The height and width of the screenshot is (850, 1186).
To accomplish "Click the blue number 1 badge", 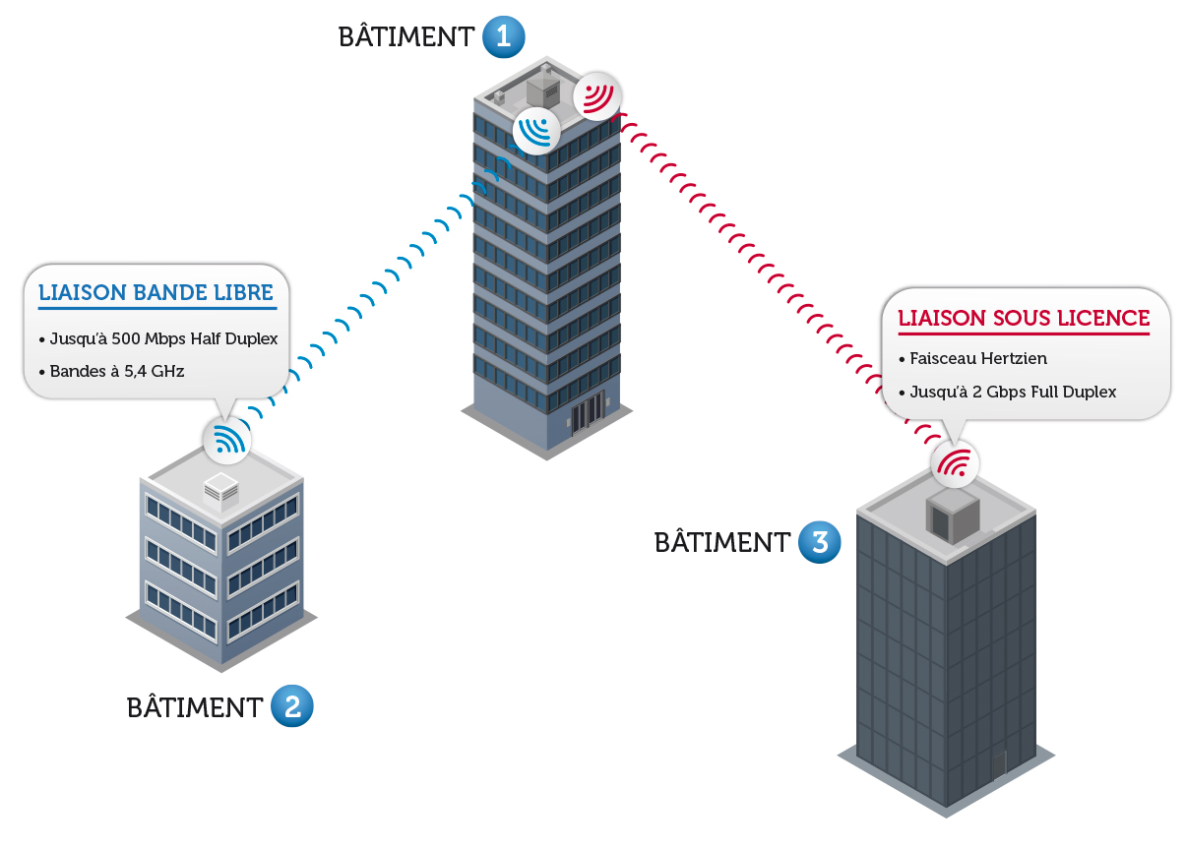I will (x=503, y=37).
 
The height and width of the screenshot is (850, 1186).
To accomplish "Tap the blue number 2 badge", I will (x=291, y=706).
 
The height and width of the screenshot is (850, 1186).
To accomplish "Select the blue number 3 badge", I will (x=819, y=542).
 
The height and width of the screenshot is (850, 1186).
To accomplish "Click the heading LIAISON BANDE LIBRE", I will (x=156, y=293).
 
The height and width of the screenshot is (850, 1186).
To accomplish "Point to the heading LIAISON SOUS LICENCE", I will (x=1024, y=318).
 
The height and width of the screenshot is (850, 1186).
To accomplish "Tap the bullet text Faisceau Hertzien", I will (x=968, y=359).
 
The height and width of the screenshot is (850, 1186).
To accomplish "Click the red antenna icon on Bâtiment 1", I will (x=597, y=96).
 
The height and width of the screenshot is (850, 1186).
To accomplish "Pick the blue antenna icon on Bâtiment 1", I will (x=536, y=130).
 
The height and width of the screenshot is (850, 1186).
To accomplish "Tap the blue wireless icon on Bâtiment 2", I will (x=227, y=440).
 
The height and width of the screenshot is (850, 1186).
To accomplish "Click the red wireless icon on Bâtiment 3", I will (x=955, y=462).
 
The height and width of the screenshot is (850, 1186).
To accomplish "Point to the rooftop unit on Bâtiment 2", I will (x=220, y=490).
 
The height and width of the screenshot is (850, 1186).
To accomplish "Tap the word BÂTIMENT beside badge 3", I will (x=721, y=542).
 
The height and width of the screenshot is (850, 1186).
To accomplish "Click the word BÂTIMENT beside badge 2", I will (x=194, y=707).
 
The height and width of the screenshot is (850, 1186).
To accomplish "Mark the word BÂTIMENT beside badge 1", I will (x=406, y=37).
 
